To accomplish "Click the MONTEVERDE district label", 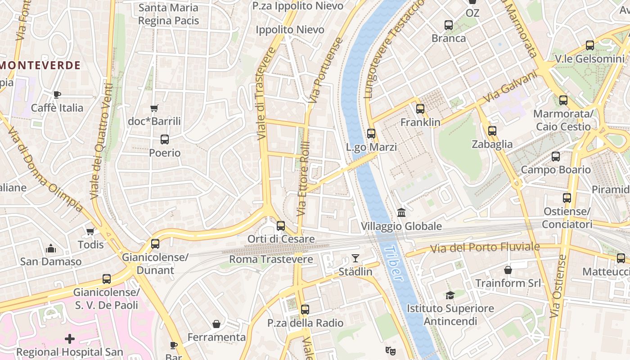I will pos(40,65).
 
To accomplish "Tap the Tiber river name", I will pos(395,264).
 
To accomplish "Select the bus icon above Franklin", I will pos(420,108).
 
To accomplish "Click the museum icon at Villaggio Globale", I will pos(401,212).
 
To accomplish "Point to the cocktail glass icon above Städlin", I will pos(355,258).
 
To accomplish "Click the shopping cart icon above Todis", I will pos(90,231).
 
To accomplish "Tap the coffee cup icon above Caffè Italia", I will pos(57,94).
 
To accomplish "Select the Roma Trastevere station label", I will pos(271,259).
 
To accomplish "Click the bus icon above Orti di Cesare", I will pos(281,225).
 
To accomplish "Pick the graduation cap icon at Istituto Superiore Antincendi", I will pos(450,295).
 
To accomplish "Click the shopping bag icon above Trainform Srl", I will pos(508,270).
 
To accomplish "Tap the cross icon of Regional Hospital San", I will pos(70,338).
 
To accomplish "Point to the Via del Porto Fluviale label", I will pos(485,247).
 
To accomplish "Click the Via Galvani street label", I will pos(510,87).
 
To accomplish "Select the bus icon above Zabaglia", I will pos(492,131).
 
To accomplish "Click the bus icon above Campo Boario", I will pos(556,157).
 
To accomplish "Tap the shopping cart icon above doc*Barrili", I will pos(154,108).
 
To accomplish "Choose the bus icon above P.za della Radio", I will pos(305,310).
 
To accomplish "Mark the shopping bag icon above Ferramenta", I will pos(216,324).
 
